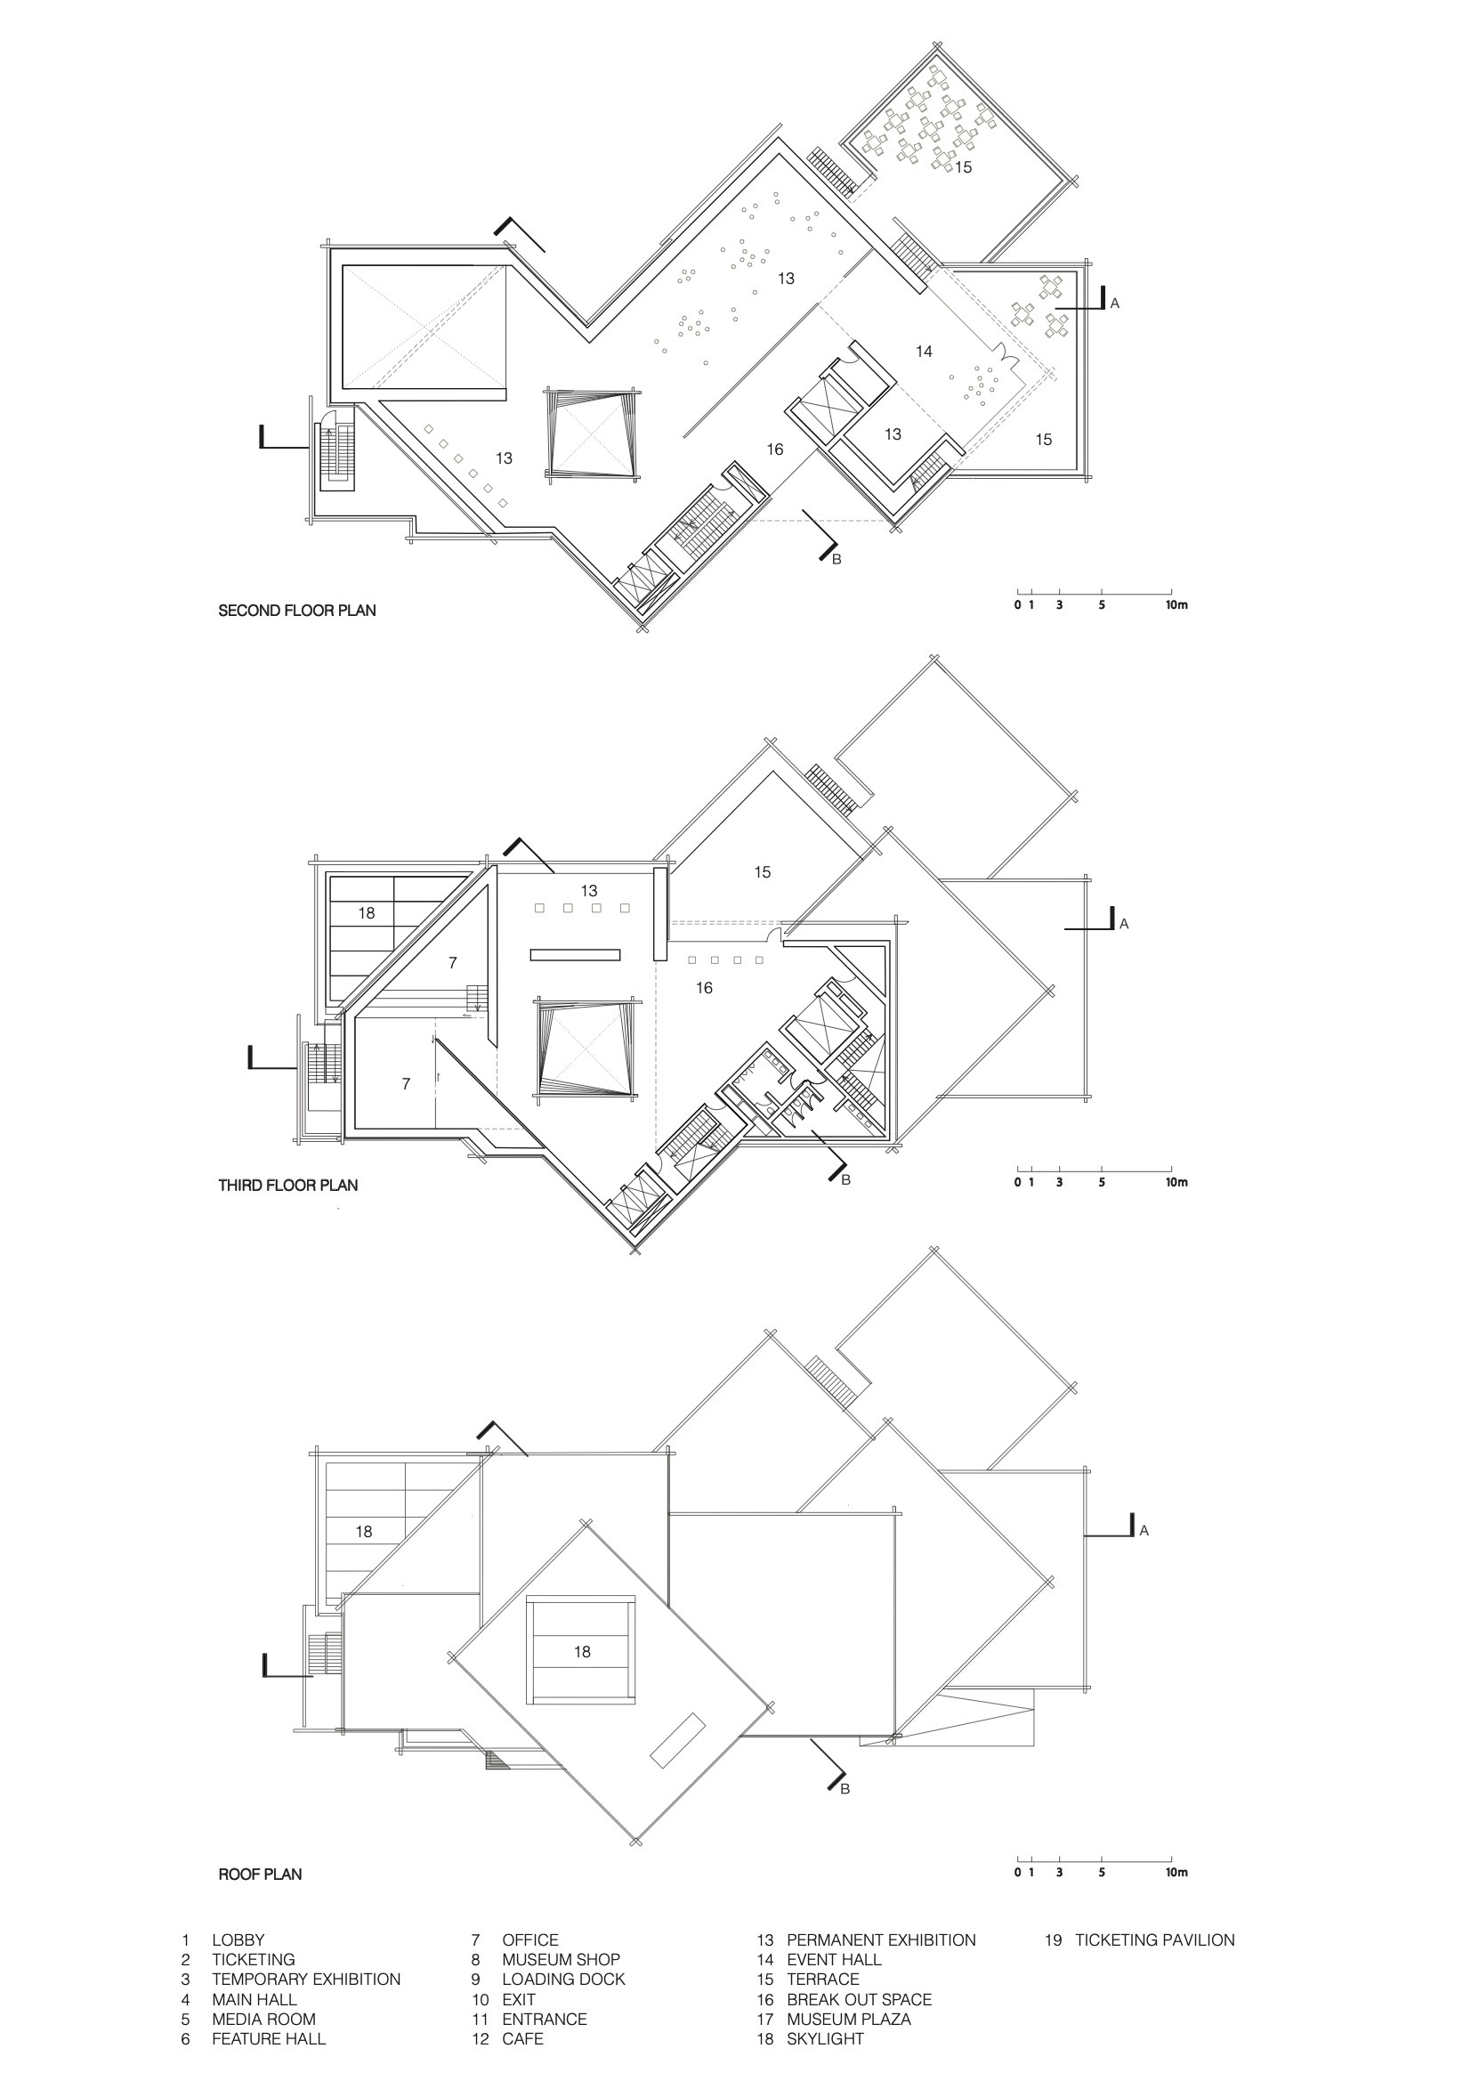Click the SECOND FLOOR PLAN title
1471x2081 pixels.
(296, 611)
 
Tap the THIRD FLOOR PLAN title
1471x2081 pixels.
(288, 1186)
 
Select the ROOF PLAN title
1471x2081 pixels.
(260, 1875)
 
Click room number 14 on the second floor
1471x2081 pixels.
(924, 352)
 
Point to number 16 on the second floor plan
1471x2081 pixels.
(774, 449)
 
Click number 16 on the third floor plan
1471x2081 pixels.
(704, 988)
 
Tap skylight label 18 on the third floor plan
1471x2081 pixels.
(366, 912)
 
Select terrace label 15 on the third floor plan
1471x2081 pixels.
(763, 872)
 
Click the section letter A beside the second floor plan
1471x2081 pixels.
(1115, 304)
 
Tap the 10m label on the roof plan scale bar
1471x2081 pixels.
(1176, 1873)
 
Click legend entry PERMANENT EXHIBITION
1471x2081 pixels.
(881, 1940)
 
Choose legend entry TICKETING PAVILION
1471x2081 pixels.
(1155, 1940)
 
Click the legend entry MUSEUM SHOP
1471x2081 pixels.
(561, 1960)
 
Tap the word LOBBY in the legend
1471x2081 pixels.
(238, 1940)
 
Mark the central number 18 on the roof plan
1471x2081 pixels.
(582, 1652)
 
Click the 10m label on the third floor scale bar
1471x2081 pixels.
(1176, 1183)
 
